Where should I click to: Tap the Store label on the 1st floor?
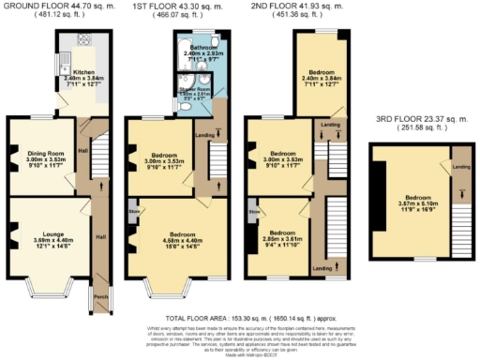point(133,212)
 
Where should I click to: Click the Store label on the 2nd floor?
point(254,212)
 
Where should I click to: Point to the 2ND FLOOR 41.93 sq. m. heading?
point(295,7)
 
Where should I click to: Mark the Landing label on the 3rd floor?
point(460,167)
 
